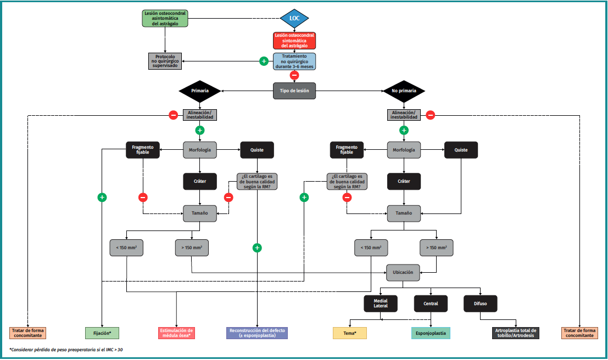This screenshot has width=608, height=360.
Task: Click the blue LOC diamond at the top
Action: (294, 19)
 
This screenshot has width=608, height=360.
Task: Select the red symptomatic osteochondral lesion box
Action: (294, 41)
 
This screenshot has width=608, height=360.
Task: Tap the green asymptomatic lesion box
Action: (165, 18)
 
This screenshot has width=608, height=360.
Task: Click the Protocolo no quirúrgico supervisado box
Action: (165, 60)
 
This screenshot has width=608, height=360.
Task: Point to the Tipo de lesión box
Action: (294, 91)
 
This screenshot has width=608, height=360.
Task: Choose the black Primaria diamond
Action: (199, 91)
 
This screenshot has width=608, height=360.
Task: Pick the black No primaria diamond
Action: (404, 91)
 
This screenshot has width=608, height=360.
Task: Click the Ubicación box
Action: (404, 272)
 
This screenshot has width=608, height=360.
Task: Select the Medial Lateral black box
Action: (381, 303)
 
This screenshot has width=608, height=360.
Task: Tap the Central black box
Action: (431, 303)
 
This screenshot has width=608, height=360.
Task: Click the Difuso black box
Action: (481, 303)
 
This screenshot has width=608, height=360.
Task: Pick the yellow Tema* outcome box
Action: (350, 333)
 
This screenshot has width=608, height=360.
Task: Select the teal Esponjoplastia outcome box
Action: (431, 333)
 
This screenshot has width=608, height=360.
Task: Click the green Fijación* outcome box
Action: (102, 333)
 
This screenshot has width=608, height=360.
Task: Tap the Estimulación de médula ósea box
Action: (176, 333)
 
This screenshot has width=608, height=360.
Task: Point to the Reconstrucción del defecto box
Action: (257, 333)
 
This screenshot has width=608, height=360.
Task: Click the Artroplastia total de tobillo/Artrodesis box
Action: (516, 333)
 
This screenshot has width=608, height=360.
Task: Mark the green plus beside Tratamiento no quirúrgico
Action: (264, 61)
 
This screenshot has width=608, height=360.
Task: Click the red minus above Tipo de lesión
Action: (294, 75)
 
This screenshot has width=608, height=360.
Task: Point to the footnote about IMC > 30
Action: (66, 350)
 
